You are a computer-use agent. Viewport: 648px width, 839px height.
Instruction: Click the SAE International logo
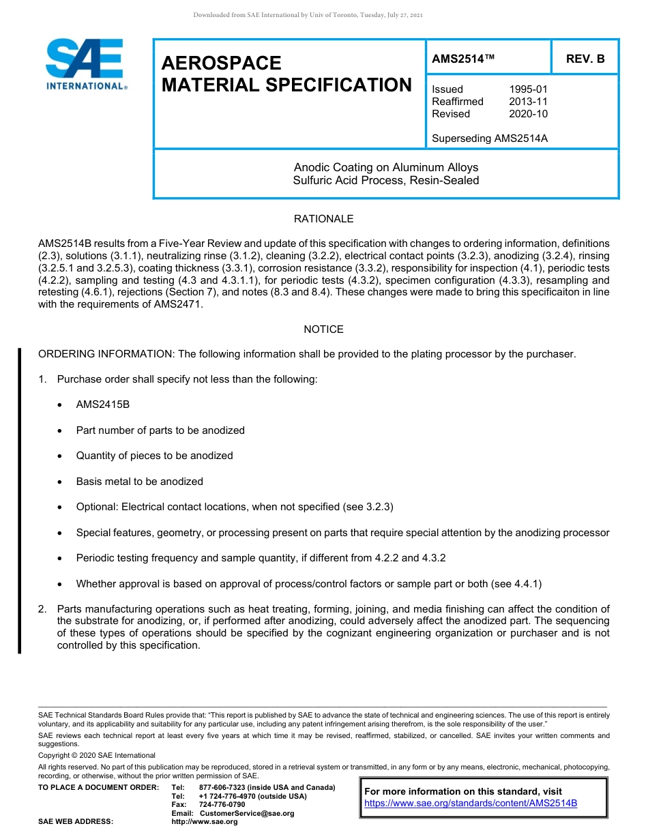[85, 64]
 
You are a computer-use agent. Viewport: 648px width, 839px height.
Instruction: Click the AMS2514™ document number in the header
[463, 59]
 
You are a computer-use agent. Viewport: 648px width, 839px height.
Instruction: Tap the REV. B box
[585, 59]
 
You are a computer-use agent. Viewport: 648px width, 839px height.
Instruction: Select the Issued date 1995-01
[528, 89]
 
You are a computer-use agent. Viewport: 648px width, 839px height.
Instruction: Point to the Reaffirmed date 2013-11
[528, 102]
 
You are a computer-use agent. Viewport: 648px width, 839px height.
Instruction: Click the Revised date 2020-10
[528, 114]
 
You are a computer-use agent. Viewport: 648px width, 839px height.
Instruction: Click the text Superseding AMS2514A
[490, 138]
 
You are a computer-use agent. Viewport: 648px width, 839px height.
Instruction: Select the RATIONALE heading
[323, 219]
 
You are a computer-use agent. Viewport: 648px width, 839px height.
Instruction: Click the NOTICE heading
[323, 329]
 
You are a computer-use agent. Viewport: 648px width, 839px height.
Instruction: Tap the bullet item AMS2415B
[103, 404]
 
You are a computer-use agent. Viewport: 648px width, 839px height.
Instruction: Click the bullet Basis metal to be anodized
[139, 482]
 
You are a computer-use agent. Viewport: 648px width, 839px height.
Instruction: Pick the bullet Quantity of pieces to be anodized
[154, 456]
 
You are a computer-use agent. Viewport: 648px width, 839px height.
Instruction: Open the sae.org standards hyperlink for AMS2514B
[471, 803]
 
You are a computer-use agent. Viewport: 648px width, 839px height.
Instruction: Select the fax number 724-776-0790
[222, 805]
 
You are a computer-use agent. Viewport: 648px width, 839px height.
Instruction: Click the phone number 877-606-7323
[222, 788]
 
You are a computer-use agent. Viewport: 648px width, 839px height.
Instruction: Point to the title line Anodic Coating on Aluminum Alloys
[386, 167]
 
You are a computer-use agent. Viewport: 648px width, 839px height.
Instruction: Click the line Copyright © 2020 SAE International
[97, 755]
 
